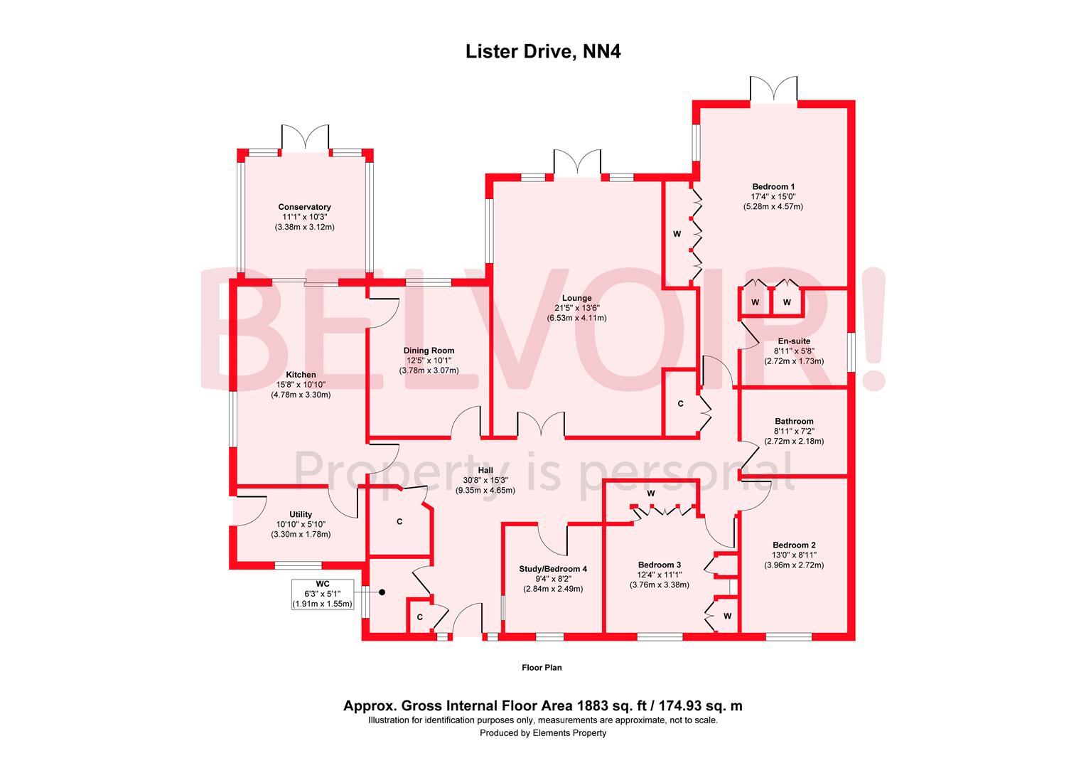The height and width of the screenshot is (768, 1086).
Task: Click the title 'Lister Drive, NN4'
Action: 543,51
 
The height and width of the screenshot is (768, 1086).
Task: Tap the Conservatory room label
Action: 304,207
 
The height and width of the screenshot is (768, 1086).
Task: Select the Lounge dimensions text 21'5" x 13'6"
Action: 576,308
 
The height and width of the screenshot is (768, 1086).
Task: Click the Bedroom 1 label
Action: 773,186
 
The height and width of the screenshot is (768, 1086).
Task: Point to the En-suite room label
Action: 794,341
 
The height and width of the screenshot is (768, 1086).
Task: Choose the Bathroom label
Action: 794,421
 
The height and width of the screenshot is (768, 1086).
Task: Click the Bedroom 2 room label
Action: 794,545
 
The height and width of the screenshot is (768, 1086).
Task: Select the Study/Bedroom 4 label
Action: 554,569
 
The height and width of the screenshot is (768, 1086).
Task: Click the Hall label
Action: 485,470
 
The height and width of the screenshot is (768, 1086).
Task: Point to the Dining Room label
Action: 429,351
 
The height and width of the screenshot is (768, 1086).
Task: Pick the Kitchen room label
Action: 301,375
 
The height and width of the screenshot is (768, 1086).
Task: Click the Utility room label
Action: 301,514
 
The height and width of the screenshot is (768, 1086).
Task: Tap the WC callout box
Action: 322,594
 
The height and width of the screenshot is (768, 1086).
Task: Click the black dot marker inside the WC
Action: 382,592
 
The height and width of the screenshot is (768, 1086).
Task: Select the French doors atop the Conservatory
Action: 306,137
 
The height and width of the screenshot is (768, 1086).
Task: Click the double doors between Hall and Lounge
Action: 541,424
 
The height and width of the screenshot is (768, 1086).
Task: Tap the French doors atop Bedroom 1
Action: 773,89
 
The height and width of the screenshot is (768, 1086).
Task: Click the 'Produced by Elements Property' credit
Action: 543,733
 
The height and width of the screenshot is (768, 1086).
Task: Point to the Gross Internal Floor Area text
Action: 543,706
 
